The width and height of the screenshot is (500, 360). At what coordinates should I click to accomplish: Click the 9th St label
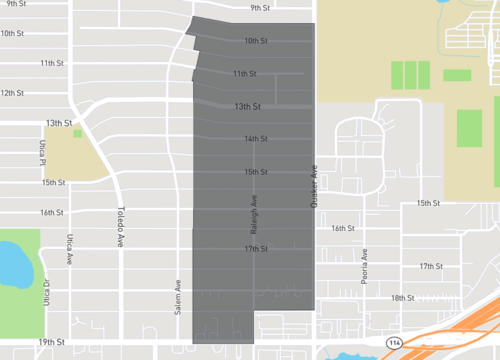coord(261,8)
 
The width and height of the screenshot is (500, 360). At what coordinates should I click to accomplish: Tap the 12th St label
coord(11,93)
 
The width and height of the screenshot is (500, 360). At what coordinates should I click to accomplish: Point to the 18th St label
coord(402,298)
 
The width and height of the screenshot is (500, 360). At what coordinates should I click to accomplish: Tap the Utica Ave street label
coord(70,249)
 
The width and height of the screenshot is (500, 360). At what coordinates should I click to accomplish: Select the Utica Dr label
coord(46,291)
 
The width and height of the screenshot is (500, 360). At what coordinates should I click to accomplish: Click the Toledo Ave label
coord(120,226)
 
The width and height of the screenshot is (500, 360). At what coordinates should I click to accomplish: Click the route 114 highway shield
coord(396,342)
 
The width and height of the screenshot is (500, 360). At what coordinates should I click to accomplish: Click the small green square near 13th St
coord(78,133)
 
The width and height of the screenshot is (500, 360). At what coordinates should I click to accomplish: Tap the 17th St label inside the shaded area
coord(257,249)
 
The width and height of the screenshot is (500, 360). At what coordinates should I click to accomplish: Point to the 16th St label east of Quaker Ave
coord(343,228)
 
